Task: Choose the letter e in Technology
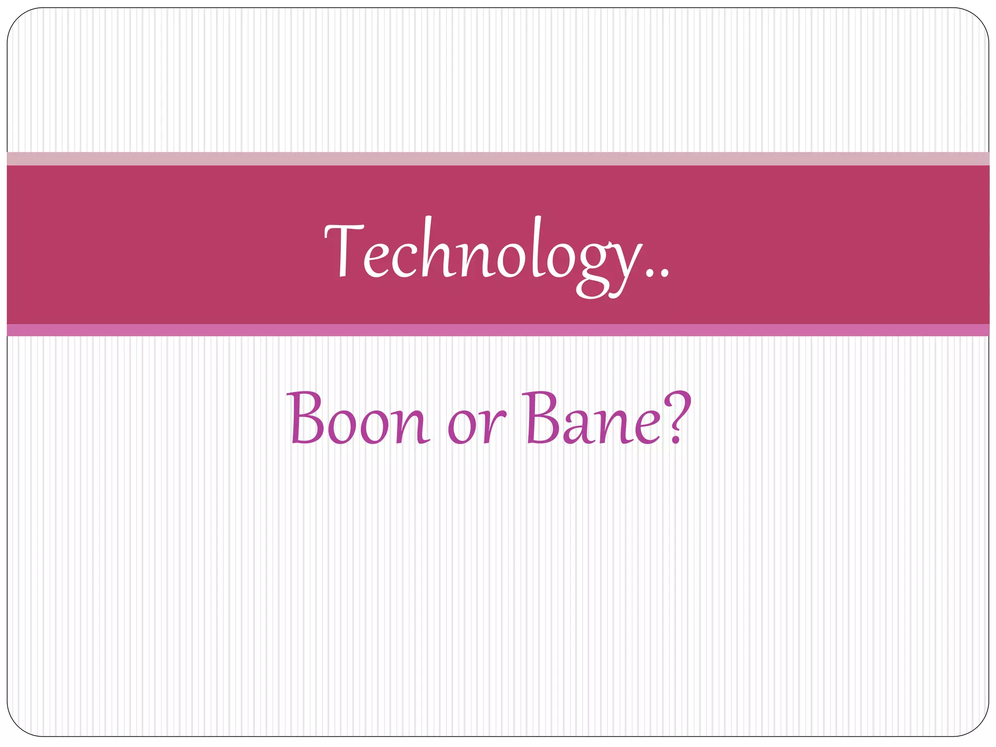coord(376,260)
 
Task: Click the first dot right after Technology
coord(650,275)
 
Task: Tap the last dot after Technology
coord(665,275)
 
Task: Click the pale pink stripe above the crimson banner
coord(498,159)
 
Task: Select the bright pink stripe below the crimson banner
coord(498,330)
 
